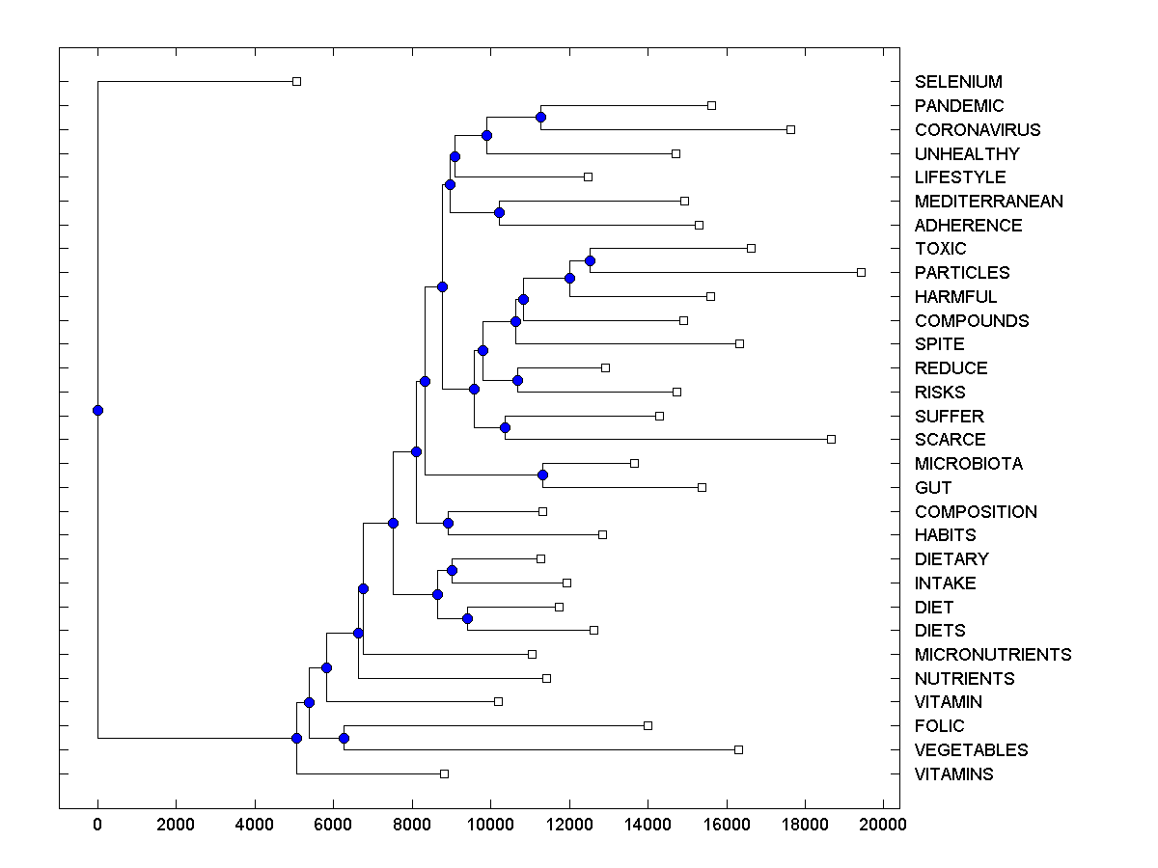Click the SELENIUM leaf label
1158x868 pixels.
point(958,82)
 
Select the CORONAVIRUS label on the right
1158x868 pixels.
point(964,130)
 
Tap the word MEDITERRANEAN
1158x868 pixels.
point(989,202)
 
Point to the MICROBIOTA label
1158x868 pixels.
point(969,464)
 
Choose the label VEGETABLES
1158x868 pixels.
point(972,750)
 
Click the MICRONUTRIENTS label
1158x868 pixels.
point(993,655)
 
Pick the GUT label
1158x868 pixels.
point(933,488)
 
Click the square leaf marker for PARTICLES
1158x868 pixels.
point(861,273)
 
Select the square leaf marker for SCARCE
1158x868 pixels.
point(831,440)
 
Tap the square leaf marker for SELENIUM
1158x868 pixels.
point(296,82)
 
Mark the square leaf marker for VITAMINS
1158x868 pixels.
point(444,773)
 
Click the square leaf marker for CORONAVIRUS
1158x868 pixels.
point(790,129)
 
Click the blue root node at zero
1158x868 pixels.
point(97,410)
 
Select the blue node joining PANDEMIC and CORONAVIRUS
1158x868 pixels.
point(540,117)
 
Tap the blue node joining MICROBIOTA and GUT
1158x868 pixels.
point(542,475)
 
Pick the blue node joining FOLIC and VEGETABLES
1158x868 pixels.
point(344,738)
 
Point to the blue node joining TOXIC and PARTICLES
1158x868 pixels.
point(590,260)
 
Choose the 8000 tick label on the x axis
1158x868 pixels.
point(412,825)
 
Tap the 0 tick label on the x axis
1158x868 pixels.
point(97,825)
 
